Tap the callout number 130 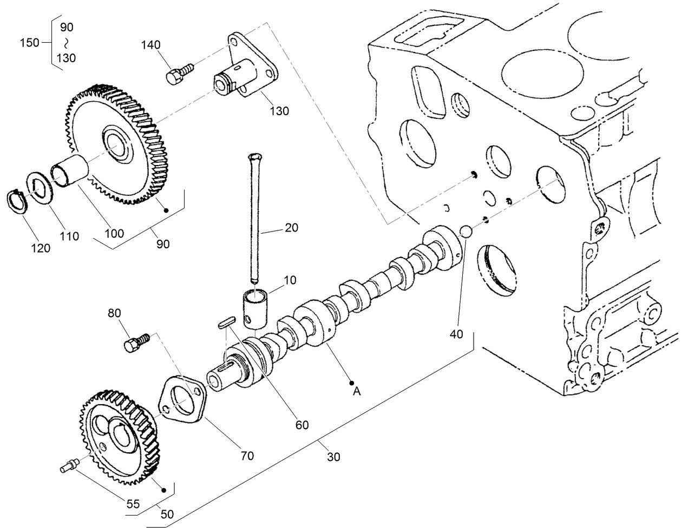click(279, 111)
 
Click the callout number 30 click(334, 457)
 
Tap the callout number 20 click(291, 228)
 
